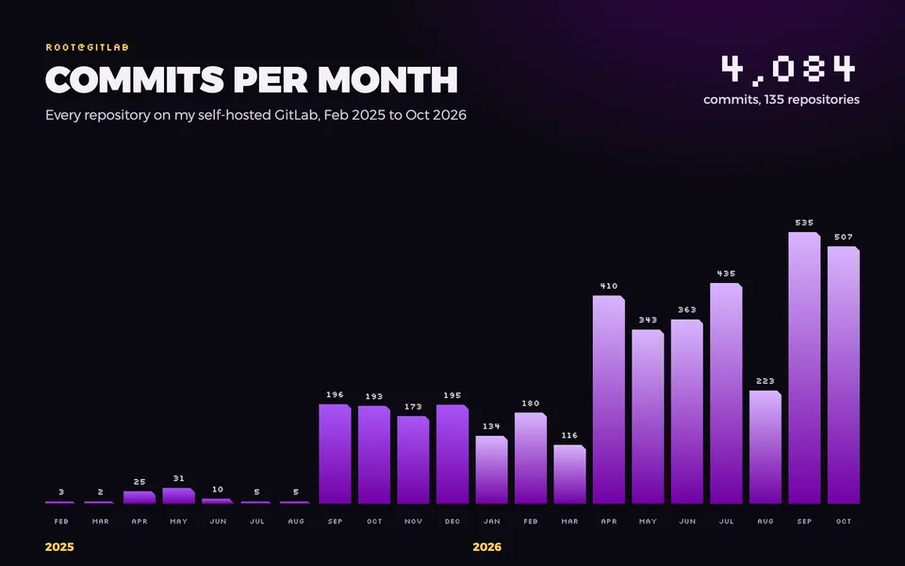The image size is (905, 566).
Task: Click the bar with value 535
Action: [x=804, y=368]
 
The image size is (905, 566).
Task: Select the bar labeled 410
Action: [x=609, y=400]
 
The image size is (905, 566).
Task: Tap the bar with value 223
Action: [x=765, y=447]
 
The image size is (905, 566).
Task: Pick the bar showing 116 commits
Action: [x=569, y=474]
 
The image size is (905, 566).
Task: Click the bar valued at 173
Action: [x=413, y=459]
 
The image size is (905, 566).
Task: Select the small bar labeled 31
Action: [x=178, y=495]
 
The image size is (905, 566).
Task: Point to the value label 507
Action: [x=843, y=237]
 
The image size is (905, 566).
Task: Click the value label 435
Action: [x=726, y=274]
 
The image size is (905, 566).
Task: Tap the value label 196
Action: [x=335, y=394]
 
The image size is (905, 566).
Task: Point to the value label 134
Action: [x=491, y=426]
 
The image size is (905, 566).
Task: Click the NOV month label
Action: [x=413, y=521]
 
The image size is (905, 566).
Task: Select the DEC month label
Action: [x=452, y=521]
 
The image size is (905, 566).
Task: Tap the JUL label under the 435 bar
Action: [x=726, y=521]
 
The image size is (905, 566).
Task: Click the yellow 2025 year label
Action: [x=59, y=547]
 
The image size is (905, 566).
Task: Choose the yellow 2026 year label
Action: [x=487, y=547]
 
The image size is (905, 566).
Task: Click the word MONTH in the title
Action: [x=387, y=79]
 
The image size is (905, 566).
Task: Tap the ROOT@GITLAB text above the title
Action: [x=87, y=47]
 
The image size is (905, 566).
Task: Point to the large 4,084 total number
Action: [x=788, y=69]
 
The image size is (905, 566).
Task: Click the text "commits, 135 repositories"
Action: [x=782, y=99]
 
